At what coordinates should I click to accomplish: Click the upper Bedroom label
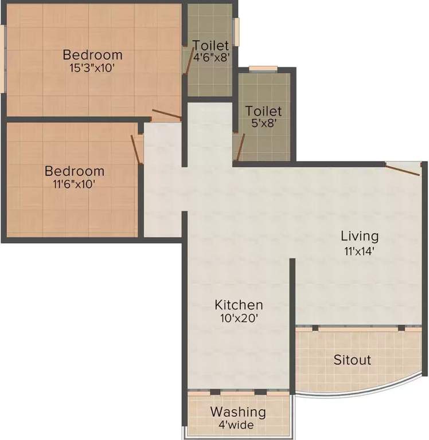point(92,55)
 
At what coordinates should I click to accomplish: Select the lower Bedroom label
point(75,171)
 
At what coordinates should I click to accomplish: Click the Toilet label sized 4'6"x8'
point(210,45)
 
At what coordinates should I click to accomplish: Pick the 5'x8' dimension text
point(263,124)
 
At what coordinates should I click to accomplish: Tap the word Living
point(360,235)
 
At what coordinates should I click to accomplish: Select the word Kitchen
point(239,304)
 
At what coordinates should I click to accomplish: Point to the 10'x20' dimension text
point(239,318)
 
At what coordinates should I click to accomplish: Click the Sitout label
point(352,360)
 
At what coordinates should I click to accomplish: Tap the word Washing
point(237,411)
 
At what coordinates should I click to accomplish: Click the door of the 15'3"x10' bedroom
point(167,115)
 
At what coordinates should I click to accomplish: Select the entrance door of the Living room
point(403,169)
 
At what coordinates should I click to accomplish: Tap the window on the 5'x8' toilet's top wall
point(263,69)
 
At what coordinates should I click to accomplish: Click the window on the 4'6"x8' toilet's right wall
point(235,31)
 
